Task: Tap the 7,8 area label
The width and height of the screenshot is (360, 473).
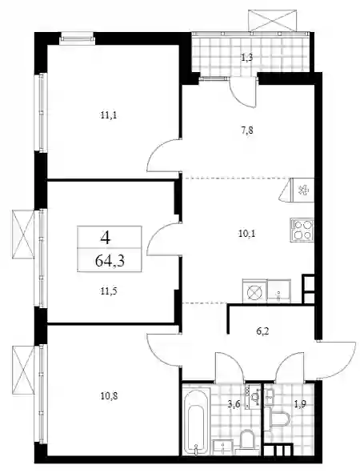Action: tap(247, 130)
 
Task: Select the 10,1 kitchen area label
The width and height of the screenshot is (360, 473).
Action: tap(247, 234)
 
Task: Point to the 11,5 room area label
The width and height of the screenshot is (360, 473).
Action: tap(109, 291)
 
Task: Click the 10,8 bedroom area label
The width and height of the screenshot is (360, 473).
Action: tap(109, 395)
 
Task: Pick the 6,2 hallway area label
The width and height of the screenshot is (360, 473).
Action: tap(262, 331)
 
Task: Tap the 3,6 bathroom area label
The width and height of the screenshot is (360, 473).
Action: tap(234, 404)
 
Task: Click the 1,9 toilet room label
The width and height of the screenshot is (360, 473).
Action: tap(300, 404)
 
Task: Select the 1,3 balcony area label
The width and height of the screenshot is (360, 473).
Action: tap(246, 58)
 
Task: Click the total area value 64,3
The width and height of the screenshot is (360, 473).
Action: tap(110, 261)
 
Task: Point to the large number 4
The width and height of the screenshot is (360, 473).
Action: tap(106, 238)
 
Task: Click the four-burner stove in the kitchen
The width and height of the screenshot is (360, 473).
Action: tap(302, 230)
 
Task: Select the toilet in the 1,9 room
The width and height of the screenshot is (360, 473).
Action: tap(278, 419)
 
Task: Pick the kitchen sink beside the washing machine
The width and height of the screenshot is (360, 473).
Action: tap(279, 291)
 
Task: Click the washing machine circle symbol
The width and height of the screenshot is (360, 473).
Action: tap(254, 291)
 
